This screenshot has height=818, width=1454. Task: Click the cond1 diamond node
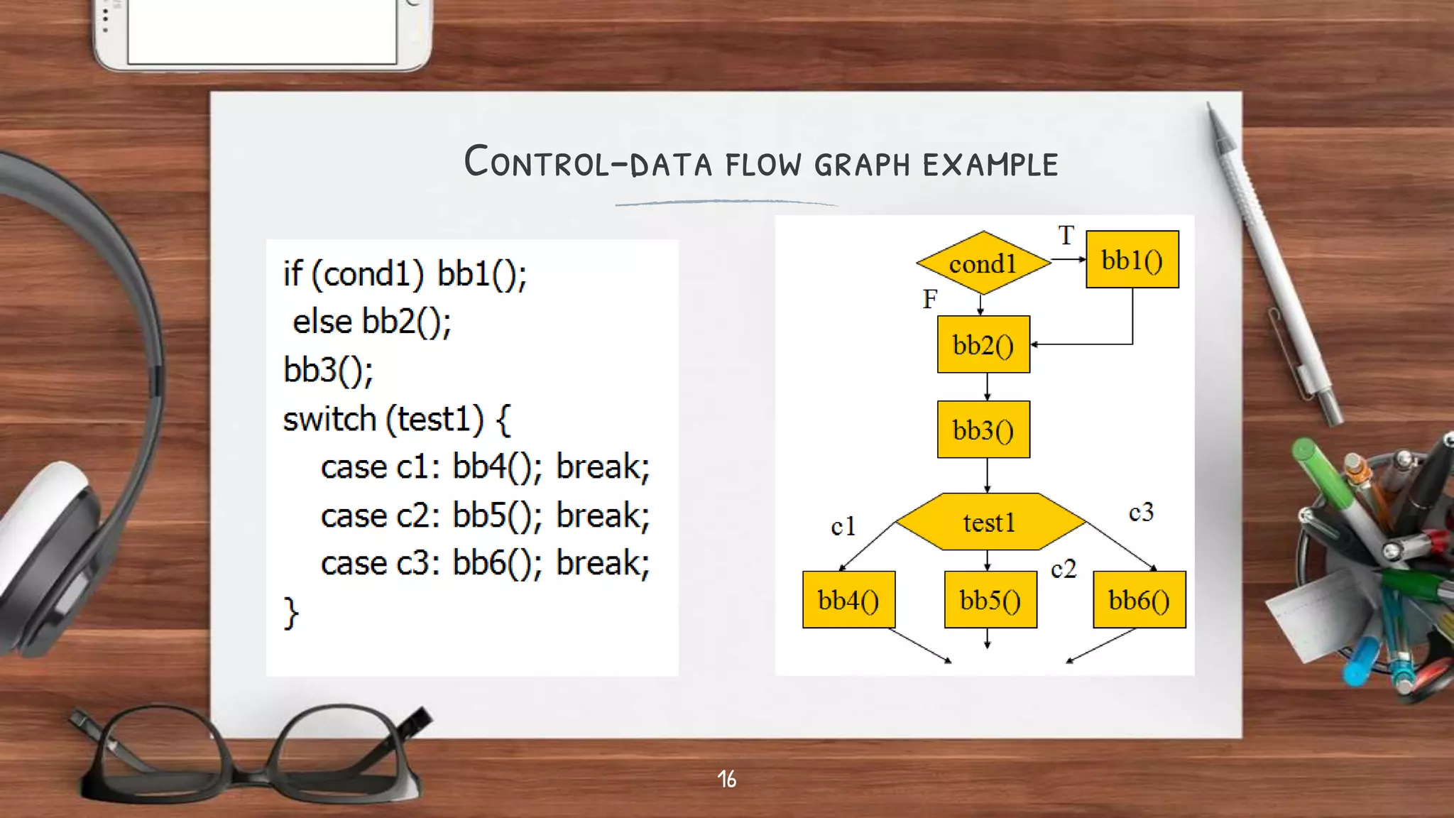[983, 263]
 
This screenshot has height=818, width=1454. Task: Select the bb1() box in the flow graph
[1132, 260]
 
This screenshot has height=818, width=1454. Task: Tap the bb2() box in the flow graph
[983, 344]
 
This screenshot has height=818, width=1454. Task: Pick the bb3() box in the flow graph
[983, 430]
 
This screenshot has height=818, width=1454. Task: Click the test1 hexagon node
[990, 522]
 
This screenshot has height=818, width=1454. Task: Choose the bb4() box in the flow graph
[848, 600]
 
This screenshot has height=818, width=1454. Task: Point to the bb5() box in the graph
[990, 600]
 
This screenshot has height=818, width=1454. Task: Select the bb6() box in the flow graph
[1139, 600]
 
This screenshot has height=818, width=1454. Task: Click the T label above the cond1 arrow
[1066, 235]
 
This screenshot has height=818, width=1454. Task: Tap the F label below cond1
[930, 299]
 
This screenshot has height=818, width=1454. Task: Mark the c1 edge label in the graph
[843, 526]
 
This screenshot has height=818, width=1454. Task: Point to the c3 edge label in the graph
[1141, 512]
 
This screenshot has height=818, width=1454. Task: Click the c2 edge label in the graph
[1064, 569]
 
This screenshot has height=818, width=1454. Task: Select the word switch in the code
[329, 419]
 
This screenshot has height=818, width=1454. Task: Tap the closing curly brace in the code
[291, 612]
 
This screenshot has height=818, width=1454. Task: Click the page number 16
[726, 779]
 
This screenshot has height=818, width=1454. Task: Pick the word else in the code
[322, 322]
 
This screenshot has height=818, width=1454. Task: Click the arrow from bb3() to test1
[987, 475]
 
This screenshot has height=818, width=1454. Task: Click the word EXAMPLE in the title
[990, 164]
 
